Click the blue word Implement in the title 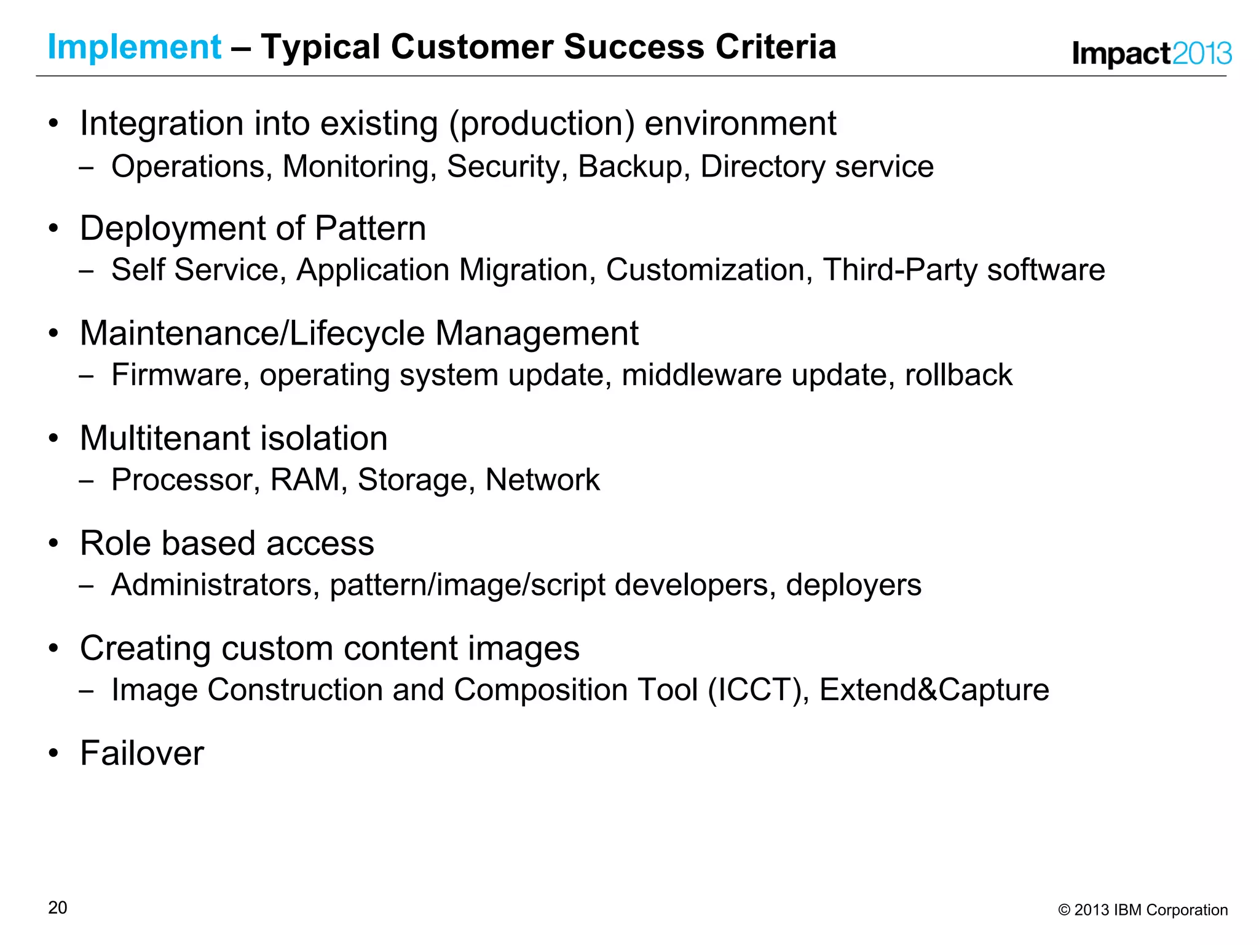tap(134, 47)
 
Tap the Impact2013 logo tap(1151, 54)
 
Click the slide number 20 tap(58, 907)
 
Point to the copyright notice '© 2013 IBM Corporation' tap(1143, 910)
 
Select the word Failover tap(142, 753)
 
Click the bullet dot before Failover tap(54, 753)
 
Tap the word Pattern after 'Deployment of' tap(370, 228)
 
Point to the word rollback tap(958, 375)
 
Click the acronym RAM tap(305, 480)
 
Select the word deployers tap(853, 586)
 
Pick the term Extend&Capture tap(934, 690)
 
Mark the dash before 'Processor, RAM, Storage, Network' tap(86, 481)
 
